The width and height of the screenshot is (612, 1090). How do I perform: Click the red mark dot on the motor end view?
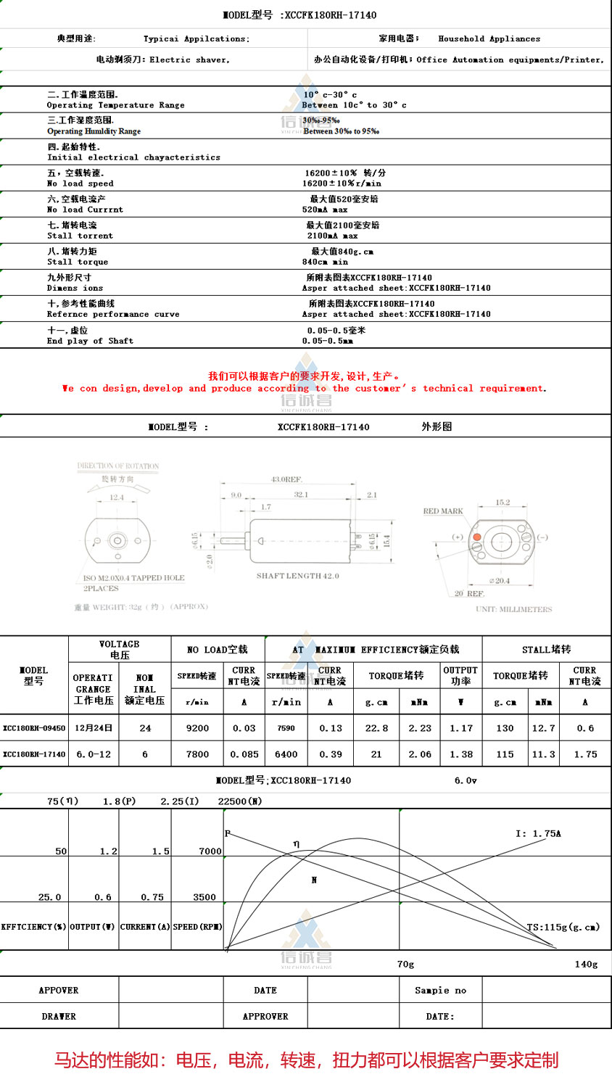pos(477,537)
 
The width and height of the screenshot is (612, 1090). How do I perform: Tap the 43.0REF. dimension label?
pos(286,479)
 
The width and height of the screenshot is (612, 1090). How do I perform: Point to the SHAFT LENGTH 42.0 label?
pos(297,576)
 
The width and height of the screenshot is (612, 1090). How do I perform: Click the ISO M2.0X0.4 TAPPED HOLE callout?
pos(134,578)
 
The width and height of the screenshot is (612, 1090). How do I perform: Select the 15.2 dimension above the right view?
pos(503,502)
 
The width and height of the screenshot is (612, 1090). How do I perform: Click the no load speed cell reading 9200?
pos(197,728)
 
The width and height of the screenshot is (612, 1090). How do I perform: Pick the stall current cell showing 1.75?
pos(585,754)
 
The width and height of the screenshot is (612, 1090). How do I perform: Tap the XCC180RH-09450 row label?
pos(34,728)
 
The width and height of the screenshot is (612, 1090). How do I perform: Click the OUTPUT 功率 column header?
pos(460,675)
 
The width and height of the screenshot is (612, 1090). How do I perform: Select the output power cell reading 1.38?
pos(460,754)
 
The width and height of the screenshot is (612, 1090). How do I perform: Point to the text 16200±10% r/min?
pos(342,183)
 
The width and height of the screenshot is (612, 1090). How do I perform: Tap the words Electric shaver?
pos(189,60)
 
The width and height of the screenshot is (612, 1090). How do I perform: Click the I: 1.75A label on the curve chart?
pos(538,833)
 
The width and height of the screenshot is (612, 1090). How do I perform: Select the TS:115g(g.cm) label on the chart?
pos(563,927)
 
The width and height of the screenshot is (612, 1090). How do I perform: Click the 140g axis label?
pos(586,964)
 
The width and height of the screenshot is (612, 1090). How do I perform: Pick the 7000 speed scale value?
pos(210,851)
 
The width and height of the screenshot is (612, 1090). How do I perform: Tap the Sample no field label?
pos(440,990)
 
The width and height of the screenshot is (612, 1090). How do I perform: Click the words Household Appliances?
pos(489,39)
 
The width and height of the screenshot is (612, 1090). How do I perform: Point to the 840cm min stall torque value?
pos(325,262)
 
